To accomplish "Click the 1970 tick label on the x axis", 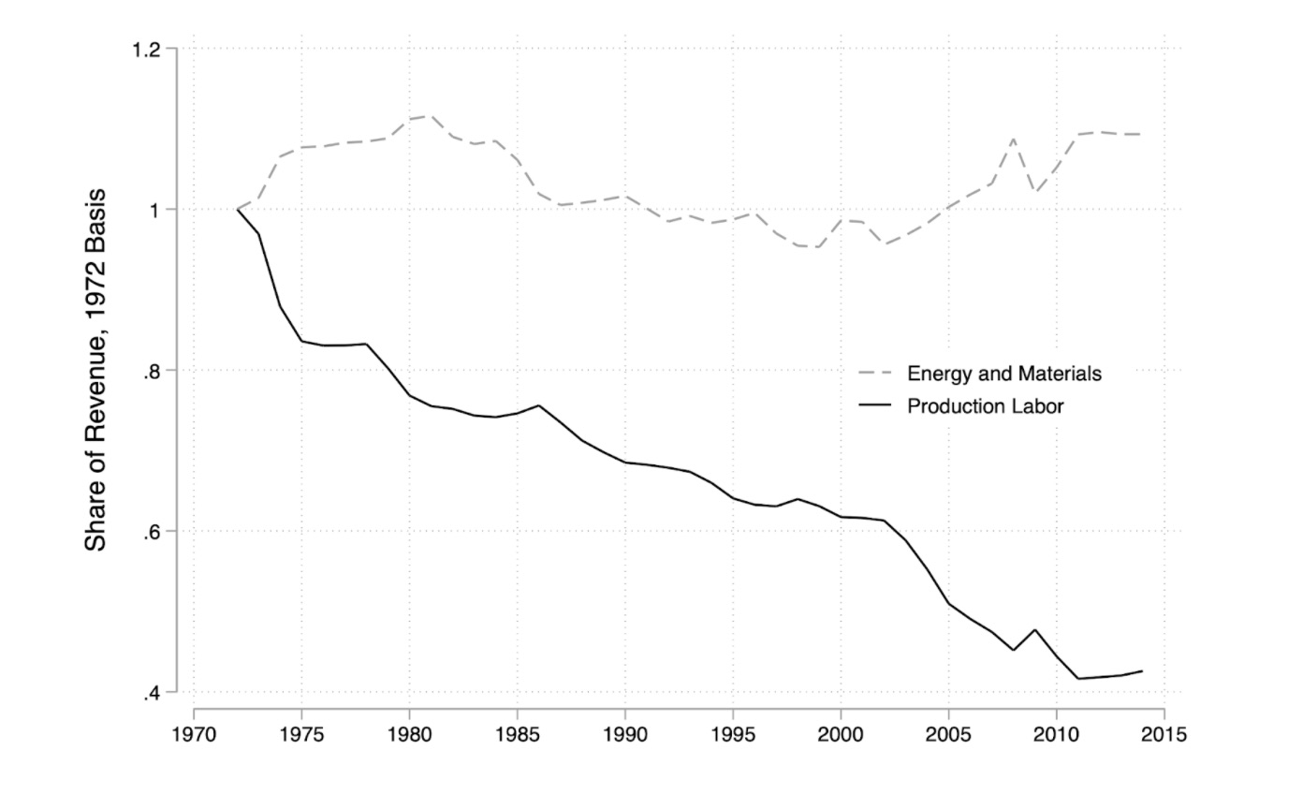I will tap(194, 734).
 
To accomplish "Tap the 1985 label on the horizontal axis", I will tap(517, 734).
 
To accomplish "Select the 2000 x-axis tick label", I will tap(841, 734).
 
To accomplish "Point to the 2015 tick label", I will tap(1164, 734).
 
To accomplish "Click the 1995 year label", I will tap(733, 734).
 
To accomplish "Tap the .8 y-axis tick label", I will tap(154, 371).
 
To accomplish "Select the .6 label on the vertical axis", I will tap(154, 532).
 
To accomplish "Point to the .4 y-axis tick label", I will tap(154, 694).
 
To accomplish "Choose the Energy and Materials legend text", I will tap(1003, 374).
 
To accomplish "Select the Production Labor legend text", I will tap(985, 406).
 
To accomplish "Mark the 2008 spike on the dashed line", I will tap(1013, 139).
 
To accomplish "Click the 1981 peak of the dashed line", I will tap(431, 115).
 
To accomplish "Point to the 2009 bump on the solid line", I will tap(1034, 629).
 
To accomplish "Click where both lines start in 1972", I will tap(237, 209).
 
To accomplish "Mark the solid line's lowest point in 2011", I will tap(1078, 678).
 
